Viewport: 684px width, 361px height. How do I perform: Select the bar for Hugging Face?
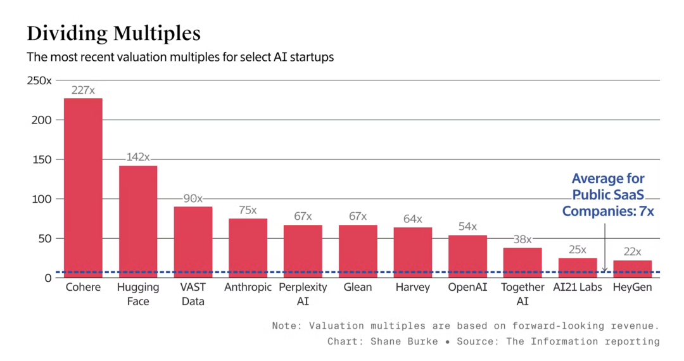138,222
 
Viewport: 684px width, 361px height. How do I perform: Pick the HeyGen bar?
632,269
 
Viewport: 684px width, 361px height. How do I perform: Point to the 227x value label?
83,91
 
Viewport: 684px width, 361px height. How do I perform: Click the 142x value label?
137,157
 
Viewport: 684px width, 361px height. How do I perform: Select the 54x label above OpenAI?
467,227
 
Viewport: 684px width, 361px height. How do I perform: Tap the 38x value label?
522,239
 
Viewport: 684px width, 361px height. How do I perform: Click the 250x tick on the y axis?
39,80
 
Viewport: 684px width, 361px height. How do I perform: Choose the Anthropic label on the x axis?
248,288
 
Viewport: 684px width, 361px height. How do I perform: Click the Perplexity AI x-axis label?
303,294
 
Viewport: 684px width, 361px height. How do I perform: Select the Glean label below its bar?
357,288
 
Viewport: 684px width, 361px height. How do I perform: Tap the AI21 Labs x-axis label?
577,288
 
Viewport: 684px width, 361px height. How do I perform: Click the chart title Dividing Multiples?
113,34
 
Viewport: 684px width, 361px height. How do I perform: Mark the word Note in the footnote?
284,326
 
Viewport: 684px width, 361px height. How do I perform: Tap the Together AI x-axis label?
522,294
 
